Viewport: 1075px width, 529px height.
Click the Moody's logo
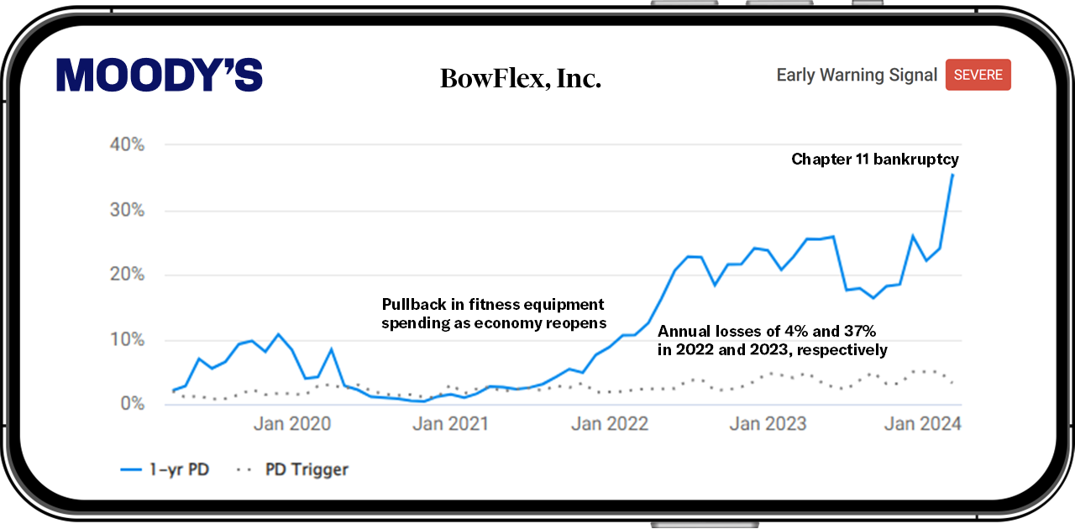[160, 75]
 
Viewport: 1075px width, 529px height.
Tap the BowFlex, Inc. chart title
[521, 78]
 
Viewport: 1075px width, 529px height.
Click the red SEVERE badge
[978, 75]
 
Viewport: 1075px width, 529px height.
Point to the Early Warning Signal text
[857, 75]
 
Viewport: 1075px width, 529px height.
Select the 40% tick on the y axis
[127, 144]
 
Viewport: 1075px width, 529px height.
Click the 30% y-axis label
[127, 210]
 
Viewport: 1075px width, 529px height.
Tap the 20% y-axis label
[127, 274]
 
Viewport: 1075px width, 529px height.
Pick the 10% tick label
[127, 340]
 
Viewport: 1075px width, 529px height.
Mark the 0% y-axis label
[133, 404]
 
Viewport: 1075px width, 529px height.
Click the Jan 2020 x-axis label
[292, 424]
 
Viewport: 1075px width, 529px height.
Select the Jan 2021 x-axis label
[451, 424]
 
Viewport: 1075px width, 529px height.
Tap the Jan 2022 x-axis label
[610, 424]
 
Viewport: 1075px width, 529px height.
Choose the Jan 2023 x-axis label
[768, 424]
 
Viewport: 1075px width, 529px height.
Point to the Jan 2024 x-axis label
[923, 424]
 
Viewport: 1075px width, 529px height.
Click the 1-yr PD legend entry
[165, 469]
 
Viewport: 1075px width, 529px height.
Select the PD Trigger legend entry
[292, 469]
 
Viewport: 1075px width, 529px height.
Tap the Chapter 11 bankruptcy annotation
[875, 159]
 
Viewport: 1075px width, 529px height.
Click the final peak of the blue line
[952, 175]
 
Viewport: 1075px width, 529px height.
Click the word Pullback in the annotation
[414, 304]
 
